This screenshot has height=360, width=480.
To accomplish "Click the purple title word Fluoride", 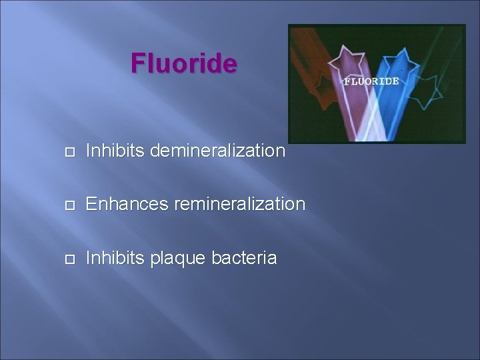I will (x=183, y=63).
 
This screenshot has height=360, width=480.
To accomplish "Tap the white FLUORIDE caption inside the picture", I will (x=371, y=81).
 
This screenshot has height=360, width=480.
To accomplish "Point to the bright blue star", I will (x=400, y=64).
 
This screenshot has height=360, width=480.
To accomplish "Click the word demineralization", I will (x=218, y=151).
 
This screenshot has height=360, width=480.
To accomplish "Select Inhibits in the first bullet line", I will (x=115, y=151).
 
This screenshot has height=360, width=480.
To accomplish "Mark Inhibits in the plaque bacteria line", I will (x=115, y=257).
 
